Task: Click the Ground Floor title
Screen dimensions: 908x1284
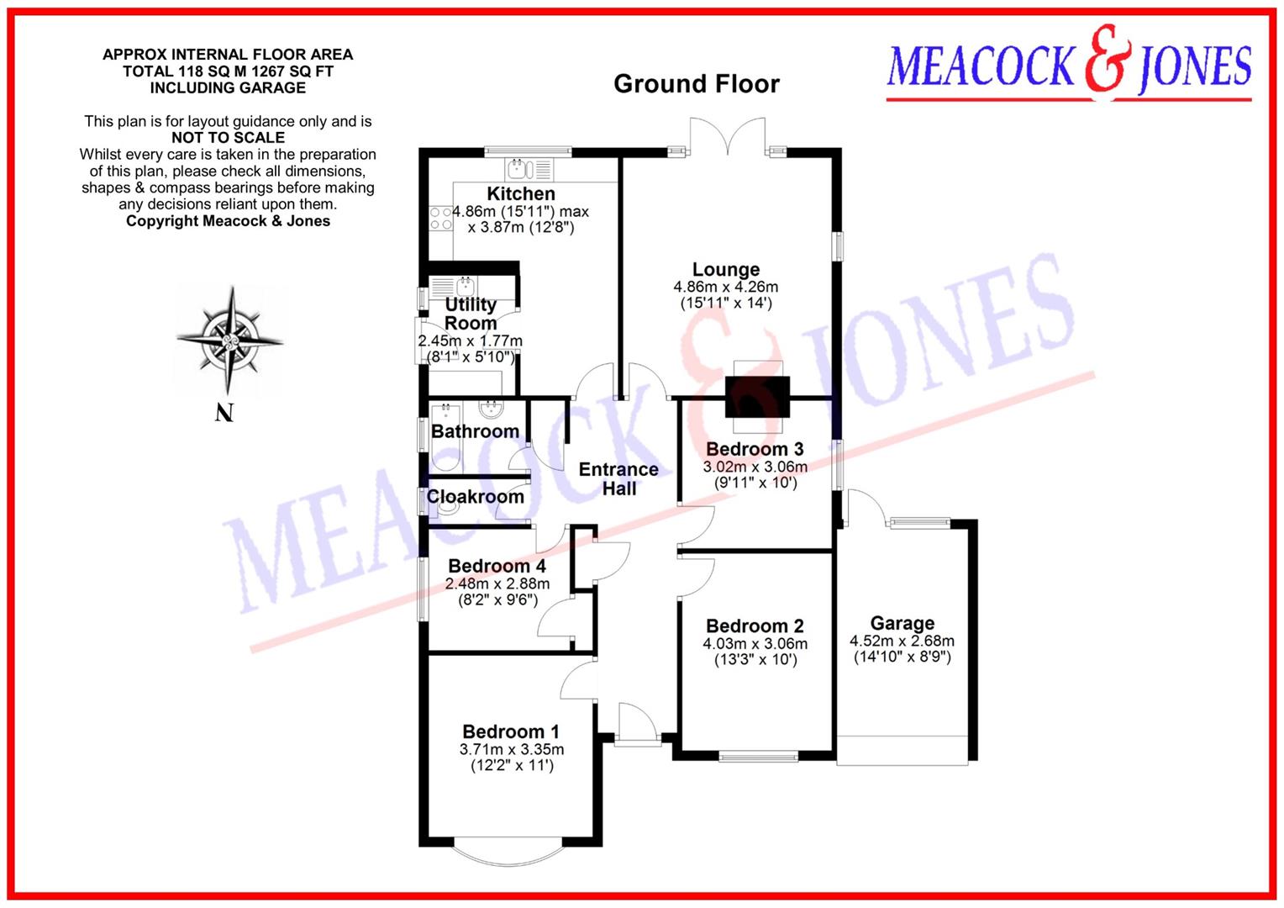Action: [696, 84]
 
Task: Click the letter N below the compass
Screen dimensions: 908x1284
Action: [224, 413]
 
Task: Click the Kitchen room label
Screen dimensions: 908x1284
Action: [520, 193]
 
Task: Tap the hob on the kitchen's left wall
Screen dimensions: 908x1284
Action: [440, 219]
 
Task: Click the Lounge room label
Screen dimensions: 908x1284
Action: [726, 270]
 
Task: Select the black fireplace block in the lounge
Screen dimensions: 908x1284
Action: [758, 397]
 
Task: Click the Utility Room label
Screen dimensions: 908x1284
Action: [471, 314]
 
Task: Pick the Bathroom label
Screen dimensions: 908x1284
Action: [475, 431]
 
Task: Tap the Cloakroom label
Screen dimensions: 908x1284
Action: [475, 497]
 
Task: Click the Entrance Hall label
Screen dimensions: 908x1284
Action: [618, 478]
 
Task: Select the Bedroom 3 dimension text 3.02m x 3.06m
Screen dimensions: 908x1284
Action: [755, 467]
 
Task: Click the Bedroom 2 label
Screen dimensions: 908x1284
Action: [755, 626]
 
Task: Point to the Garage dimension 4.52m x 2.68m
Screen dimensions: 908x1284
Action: [902, 641]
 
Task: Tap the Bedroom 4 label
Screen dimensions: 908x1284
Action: [497, 567]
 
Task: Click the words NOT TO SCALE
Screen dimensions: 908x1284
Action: [228, 138]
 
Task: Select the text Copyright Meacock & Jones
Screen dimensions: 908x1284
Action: [228, 221]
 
